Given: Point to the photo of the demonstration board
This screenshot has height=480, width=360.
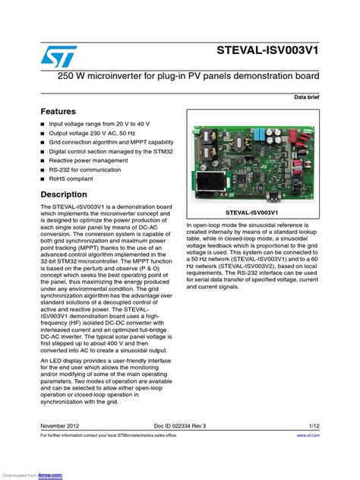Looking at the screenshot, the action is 254,159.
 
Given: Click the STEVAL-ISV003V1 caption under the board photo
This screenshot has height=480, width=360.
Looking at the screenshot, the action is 254,214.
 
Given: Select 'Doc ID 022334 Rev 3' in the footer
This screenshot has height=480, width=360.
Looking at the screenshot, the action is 180,427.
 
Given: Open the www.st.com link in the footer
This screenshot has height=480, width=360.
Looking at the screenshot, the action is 308,436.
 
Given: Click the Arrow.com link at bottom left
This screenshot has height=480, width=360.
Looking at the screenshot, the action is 51,475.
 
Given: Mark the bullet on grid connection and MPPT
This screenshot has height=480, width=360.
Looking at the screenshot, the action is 111,142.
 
